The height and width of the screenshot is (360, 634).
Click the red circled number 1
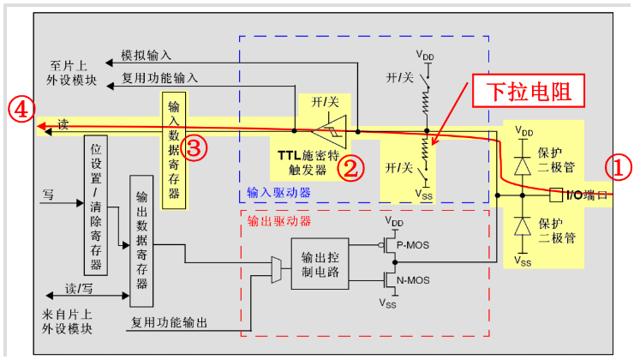(619, 166)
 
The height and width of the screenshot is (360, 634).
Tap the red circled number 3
(194, 147)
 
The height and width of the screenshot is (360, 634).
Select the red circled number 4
(21, 108)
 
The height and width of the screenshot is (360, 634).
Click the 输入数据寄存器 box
(173, 147)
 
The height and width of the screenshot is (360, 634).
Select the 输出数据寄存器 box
(141, 240)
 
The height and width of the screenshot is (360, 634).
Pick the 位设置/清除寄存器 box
(97, 202)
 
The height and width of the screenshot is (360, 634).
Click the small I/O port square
(555, 195)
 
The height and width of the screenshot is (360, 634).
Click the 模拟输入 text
(146, 55)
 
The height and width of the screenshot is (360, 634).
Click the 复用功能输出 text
(169, 322)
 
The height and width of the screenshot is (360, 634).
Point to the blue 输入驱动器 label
(278, 191)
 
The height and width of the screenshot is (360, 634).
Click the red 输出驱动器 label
(278, 220)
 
